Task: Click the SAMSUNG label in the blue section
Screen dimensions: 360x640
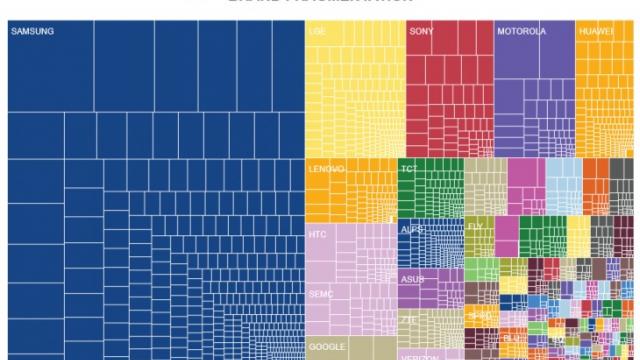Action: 32,32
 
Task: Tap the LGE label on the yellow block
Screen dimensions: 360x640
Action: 318,32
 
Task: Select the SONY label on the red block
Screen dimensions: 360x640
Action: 420,32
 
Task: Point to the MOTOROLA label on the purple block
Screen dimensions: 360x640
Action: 521,32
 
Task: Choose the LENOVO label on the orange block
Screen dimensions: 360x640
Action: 326,169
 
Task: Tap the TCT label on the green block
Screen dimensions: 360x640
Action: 409,169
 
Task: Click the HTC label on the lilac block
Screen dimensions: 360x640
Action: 318,233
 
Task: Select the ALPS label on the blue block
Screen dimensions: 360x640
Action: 411,230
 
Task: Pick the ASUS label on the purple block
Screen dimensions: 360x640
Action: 412,279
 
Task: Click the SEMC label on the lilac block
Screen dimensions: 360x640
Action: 320,295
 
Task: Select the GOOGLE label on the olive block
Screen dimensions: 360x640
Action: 326,346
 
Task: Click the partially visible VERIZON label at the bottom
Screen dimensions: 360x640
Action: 420,356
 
